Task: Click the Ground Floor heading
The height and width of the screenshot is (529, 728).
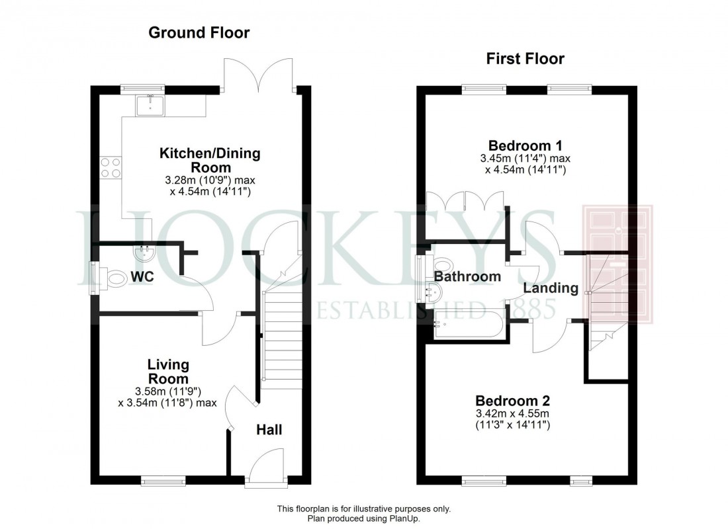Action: [199, 33]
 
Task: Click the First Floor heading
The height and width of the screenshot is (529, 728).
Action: [525, 59]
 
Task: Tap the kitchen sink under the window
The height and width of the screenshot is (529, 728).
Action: [151, 104]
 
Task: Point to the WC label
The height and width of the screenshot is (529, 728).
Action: [142, 276]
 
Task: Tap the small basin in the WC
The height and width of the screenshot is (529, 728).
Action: [143, 253]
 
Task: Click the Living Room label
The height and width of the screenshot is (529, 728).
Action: [168, 372]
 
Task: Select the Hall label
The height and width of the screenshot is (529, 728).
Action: [269, 430]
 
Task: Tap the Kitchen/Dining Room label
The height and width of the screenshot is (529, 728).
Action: [210, 160]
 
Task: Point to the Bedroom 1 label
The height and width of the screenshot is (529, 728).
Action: [520, 145]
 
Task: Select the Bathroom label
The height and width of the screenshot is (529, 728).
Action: [468, 276]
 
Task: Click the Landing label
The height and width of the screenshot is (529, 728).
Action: [551, 288]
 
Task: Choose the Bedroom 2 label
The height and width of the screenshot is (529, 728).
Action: [513, 401]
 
